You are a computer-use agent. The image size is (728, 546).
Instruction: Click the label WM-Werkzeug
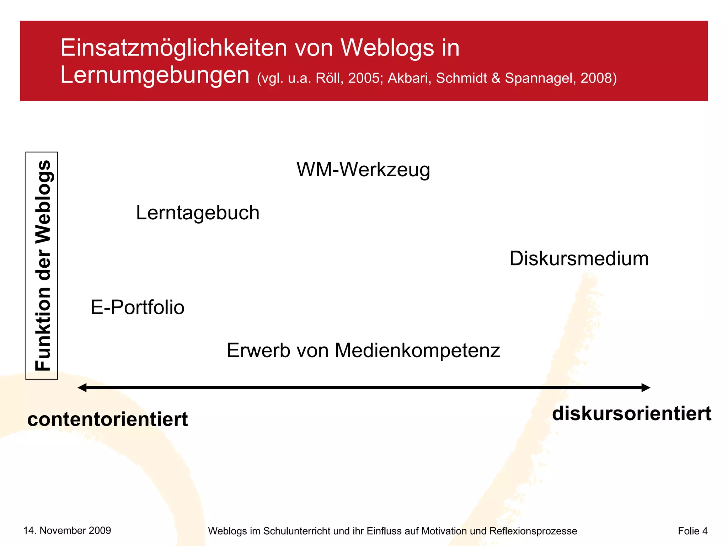point(363,170)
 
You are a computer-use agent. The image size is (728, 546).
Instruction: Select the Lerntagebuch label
point(198,213)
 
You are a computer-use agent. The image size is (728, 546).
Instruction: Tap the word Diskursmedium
point(579,258)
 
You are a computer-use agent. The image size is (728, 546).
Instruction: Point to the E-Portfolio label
point(138,307)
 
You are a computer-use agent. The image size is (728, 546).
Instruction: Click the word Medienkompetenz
point(417,350)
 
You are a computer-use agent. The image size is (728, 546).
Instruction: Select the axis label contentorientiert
point(107,419)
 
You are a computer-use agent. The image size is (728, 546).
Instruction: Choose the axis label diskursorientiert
point(631,413)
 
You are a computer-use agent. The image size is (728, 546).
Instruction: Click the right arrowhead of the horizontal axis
point(646,387)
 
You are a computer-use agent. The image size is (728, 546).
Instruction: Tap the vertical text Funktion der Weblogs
point(42,266)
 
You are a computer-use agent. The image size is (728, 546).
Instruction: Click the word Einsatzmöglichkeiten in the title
point(173,48)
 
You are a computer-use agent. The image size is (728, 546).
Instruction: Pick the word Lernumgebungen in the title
point(155,75)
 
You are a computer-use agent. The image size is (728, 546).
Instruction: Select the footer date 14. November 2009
point(67,530)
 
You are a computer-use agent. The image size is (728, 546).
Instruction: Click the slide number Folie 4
point(692,531)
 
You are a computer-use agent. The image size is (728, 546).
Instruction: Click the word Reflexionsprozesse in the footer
point(533,531)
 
